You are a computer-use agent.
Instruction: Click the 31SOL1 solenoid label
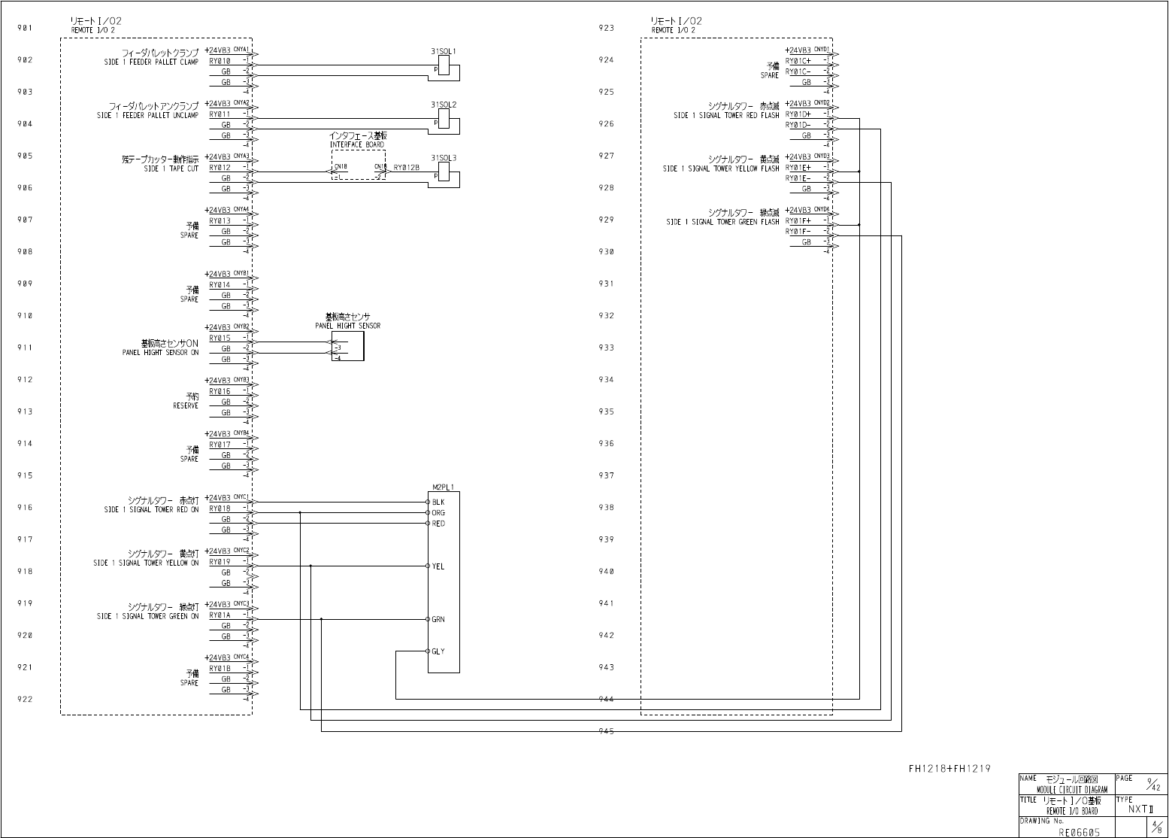444,51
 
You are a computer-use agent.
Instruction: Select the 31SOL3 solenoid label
444,158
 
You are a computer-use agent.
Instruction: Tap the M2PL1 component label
444,487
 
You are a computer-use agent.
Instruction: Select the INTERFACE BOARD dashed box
358,164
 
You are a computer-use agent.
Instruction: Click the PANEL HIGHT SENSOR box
348,346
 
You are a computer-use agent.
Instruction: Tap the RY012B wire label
406,168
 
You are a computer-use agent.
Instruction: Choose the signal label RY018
220,509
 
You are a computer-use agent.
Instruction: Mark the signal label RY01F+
798,221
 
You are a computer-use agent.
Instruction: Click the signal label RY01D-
798,125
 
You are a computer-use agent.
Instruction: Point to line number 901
25,28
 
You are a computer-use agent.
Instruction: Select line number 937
606,475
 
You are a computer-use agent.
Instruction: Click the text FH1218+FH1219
949,768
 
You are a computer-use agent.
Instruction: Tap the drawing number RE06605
1080,832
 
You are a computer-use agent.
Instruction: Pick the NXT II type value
1140,809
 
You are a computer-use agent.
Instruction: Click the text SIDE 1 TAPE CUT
171,169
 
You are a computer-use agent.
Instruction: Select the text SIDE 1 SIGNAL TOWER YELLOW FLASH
721,169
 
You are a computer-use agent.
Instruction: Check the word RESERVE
186,406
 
